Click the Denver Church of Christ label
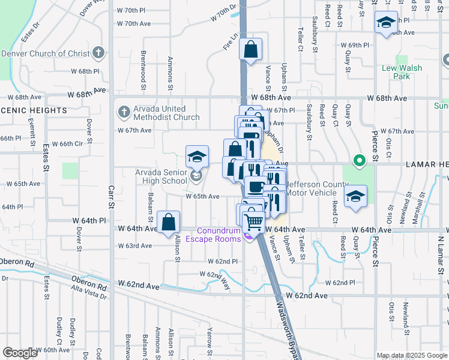pyautogui.click(x=45, y=53)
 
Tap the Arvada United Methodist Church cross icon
pyautogui.click(x=123, y=111)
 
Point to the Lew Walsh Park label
pyautogui.click(x=402, y=72)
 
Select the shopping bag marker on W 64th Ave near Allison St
pyautogui.click(x=169, y=221)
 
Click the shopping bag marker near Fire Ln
pyautogui.click(x=250, y=49)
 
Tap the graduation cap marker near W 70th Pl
pyautogui.click(x=385, y=23)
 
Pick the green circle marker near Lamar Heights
pyautogui.click(x=359, y=160)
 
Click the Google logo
pyautogui.click(x=20, y=353)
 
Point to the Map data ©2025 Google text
pyautogui.click(x=412, y=355)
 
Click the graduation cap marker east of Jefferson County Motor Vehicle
pyautogui.click(x=355, y=196)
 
